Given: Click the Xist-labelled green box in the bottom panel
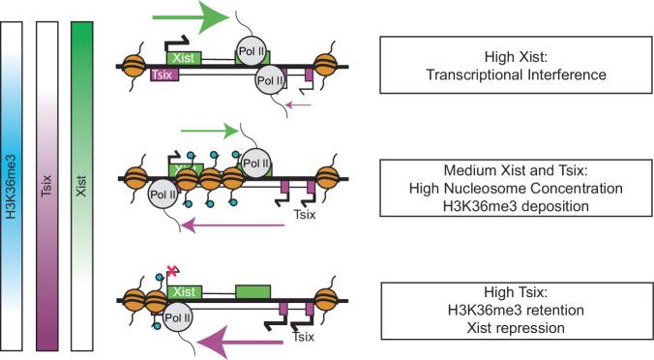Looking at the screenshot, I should [x=188, y=291].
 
